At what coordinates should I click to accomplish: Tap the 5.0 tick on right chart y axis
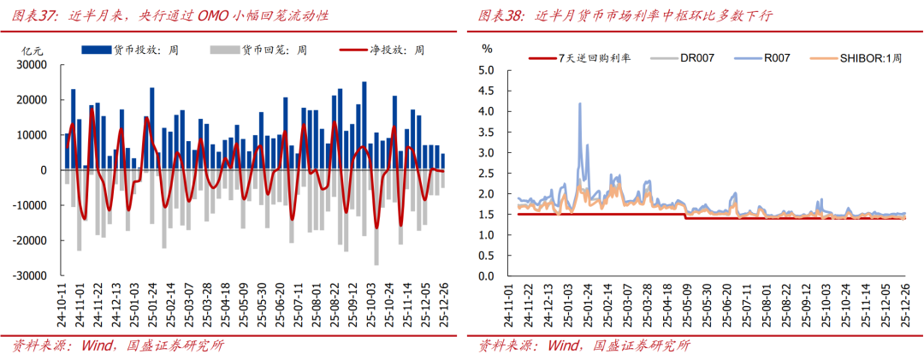tap(489, 70)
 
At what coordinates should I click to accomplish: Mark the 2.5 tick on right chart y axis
tap(489, 174)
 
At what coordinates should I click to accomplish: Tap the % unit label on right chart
tap(488, 49)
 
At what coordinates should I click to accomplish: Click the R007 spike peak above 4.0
tap(580, 103)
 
